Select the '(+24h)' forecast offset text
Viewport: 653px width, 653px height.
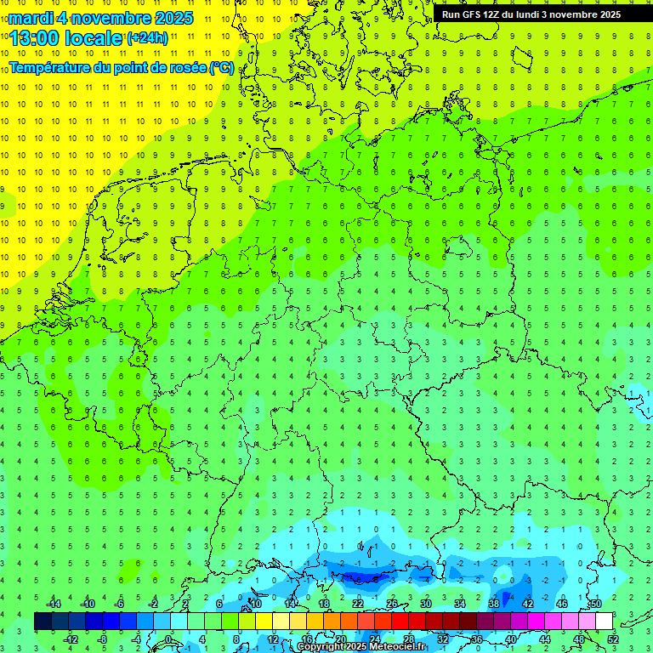pos(147,38)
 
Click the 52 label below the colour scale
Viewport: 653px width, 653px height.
pos(612,639)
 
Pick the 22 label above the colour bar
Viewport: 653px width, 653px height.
pos(358,604)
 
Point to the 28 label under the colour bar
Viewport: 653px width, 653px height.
pos(408,639)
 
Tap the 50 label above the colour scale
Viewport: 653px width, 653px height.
pos(596,604)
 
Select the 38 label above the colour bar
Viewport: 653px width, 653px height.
pos(494,604)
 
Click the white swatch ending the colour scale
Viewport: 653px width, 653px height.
pos(604,621)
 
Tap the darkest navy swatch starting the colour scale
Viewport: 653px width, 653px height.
pos(43,621)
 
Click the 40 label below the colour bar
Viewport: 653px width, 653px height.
pos(510,639)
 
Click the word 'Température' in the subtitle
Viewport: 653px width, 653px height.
pos(53,68)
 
